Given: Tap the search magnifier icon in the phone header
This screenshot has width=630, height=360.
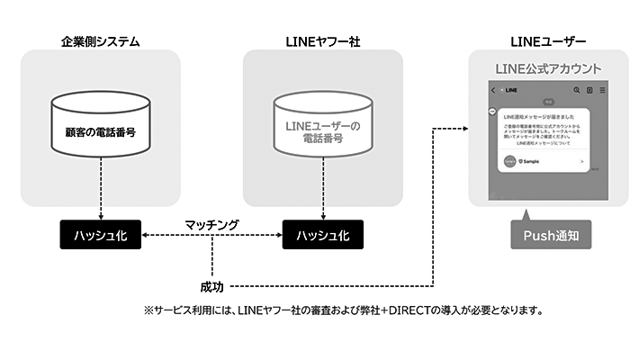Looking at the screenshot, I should tap(576, 90).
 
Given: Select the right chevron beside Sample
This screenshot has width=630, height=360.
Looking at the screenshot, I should tap(581, 162).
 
